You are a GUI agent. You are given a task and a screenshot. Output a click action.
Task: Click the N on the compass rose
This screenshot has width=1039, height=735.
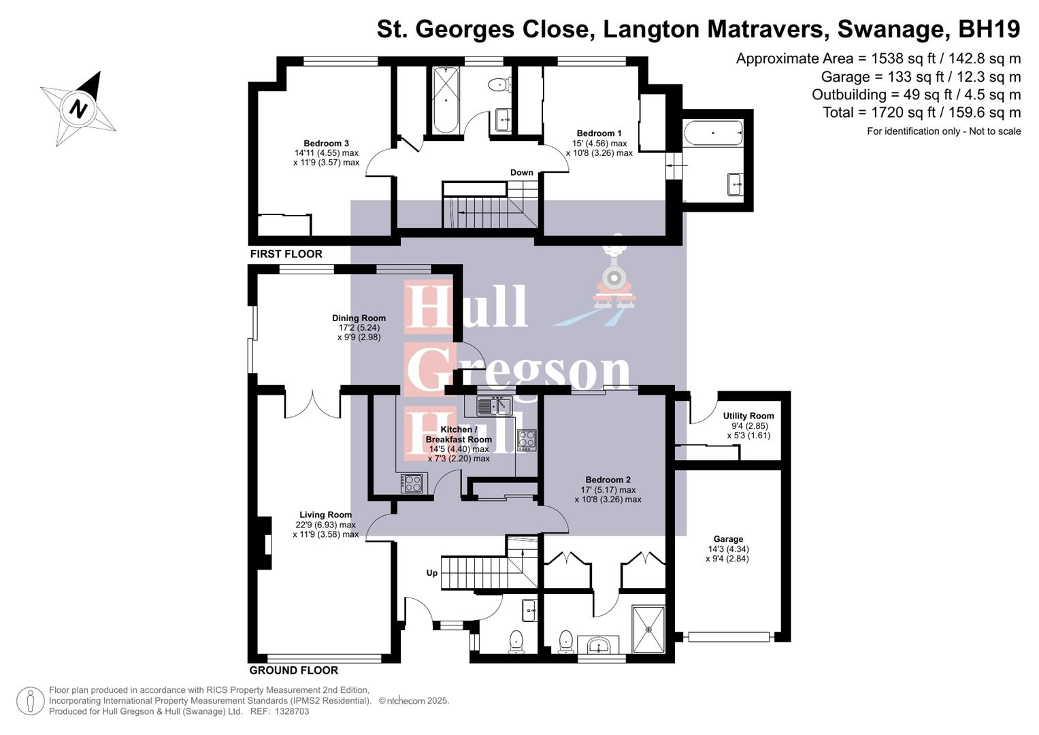[80, 109]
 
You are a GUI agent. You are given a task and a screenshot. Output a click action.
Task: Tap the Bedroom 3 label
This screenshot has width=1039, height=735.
[326, 144]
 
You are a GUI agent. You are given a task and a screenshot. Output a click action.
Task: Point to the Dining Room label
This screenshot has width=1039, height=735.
[359, 318]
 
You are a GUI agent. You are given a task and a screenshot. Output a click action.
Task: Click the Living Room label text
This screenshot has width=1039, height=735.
[325, 515]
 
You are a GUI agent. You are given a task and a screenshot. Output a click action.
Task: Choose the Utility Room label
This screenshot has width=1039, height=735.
[748, 416]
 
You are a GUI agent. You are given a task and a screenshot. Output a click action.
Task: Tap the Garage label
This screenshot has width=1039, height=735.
[727, 539]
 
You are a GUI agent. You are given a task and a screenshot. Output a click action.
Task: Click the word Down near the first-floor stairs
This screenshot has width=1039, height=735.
[521, 173]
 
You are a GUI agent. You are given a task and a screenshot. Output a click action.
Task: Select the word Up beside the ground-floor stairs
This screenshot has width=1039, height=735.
[431, 573]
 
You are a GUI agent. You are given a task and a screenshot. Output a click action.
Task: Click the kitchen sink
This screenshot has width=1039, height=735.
[494, 406]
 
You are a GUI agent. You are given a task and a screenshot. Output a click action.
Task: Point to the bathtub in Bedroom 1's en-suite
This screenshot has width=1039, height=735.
[712, 133]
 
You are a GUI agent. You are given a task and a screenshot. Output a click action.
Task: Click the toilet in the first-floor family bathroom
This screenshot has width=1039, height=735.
[499, 85]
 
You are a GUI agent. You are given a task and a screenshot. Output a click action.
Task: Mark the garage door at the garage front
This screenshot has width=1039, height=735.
[728, 637]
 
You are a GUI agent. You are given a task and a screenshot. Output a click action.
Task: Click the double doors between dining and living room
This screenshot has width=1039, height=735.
[312, 404]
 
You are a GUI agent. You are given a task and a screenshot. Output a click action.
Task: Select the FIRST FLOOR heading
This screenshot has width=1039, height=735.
[286, 254]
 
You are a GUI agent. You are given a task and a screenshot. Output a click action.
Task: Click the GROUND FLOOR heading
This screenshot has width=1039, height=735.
[293, 670]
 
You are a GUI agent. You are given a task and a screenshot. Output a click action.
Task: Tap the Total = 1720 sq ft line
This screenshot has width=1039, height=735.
[921, 112]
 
